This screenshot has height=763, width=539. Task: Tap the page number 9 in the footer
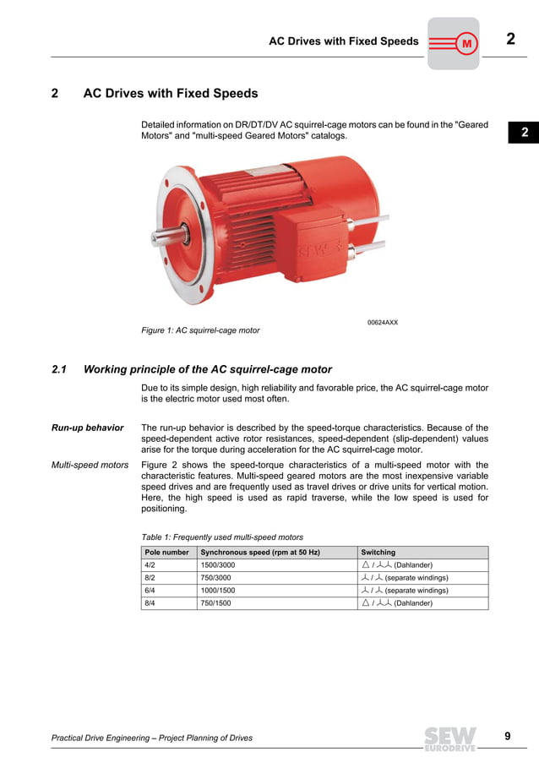tap(508, 736)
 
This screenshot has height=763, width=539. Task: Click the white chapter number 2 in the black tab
tap(524, 133)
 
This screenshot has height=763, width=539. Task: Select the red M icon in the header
tap(465, 42)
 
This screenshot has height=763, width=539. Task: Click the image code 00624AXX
tap(382, 322)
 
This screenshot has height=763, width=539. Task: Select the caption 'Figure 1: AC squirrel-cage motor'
tap(200, 330)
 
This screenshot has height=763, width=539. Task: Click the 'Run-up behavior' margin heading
tap(88, 428)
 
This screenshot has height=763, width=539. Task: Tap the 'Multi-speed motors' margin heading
tap(90, 465)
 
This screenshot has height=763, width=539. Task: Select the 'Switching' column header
tap(378, 552)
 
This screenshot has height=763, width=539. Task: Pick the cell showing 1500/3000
tap(218, 564)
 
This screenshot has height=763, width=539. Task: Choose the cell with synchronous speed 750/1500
tap(215, 603)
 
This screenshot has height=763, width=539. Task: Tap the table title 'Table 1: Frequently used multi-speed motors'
tap(221, 537)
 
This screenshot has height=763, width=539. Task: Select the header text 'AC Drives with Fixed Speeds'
tap(343, 41)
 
